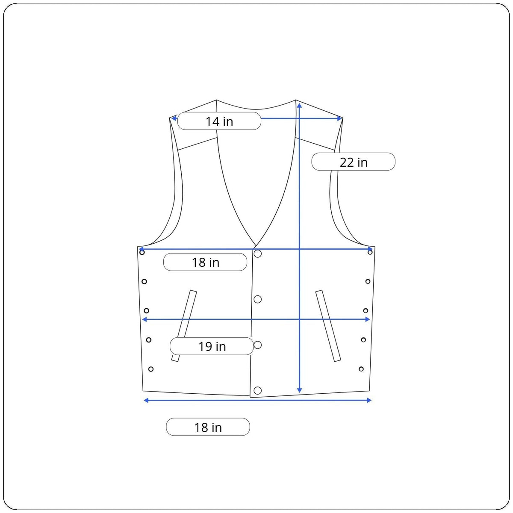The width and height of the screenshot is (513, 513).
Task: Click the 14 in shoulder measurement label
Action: (x=219, y=121)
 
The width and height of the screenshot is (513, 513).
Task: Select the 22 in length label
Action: (x=353, y=162)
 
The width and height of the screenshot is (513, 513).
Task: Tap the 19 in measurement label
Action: (x=212, y=346)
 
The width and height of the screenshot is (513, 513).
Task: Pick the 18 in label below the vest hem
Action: (x=208, y=427)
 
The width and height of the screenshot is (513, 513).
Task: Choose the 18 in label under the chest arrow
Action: (x=205, y=262)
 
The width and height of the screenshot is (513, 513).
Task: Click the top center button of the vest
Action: (x=257, y=254)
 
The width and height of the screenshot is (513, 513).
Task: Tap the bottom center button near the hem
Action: (x=257, y=391)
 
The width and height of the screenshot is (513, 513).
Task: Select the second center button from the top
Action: (x=257, y=299)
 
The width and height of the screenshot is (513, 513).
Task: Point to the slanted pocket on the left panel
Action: (x=184, y=326)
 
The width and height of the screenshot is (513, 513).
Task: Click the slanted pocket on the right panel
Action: (x=328, y=326)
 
